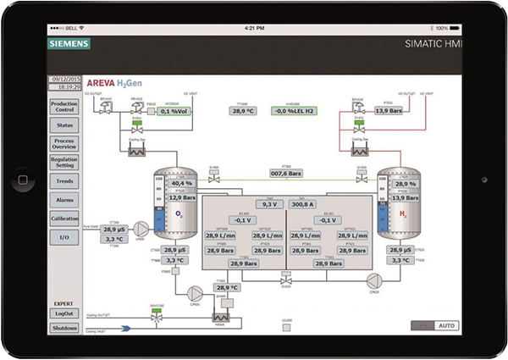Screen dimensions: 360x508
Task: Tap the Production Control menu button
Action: [64, 106]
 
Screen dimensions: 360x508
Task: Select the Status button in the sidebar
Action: [64, 125]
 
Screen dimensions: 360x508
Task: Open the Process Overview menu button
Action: [64, 144]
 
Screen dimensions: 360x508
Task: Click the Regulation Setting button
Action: [64, 163]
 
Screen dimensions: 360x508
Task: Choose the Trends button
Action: [64, 181]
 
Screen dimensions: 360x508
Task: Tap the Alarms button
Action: [64, 200]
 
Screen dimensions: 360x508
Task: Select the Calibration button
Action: [64, 219]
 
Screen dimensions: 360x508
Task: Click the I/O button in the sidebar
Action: [64, 238]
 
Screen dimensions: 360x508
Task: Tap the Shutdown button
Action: [64, 328]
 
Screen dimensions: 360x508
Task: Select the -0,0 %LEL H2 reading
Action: [292, 110]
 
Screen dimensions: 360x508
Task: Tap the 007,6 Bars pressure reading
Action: [285, 174]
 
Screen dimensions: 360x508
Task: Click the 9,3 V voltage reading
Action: [269, 204]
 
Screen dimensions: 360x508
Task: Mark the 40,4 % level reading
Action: [182, 183]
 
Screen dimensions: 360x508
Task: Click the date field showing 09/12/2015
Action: [65, 78]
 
